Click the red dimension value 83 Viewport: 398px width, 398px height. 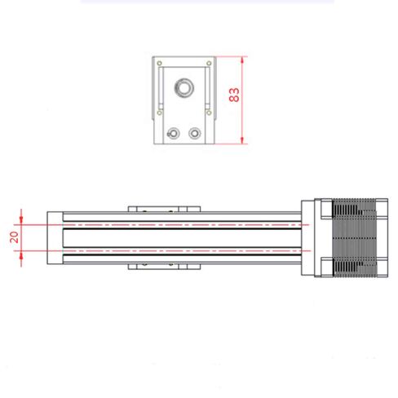(x=234, y=95)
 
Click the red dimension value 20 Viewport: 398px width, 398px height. (x=14, y=237)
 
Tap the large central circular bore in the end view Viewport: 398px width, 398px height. (x=184, y=87)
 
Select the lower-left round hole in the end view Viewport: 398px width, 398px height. (x=173, y=133)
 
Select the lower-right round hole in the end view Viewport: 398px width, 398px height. (x=195, y=133)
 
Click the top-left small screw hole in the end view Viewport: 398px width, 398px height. (x=160, y=64)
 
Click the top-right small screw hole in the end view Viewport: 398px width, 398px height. (x=209, y=64)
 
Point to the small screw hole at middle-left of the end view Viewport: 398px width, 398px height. (x=160, y=113)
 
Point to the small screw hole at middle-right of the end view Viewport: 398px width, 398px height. (x=209, y=113)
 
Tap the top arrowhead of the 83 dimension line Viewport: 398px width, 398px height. (x=242, y=60)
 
